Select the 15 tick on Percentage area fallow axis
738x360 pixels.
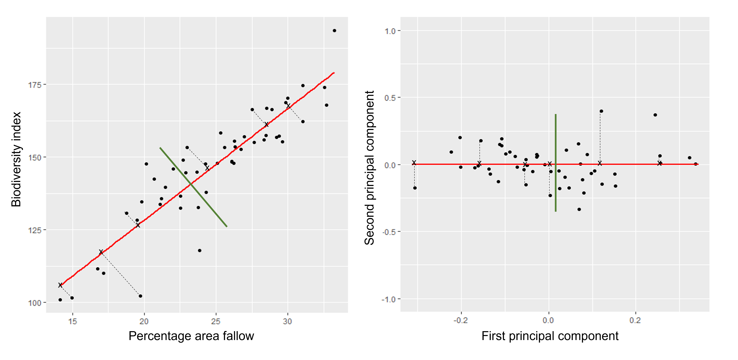72,321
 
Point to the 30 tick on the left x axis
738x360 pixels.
287,321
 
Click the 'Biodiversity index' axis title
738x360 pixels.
16,159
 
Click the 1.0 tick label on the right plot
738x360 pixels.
390,31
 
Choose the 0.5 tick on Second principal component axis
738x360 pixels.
390,98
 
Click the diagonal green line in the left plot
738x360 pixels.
193,187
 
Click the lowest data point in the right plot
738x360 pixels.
579,209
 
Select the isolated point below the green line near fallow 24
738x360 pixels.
200,251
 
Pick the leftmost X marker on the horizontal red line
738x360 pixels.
414,163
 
